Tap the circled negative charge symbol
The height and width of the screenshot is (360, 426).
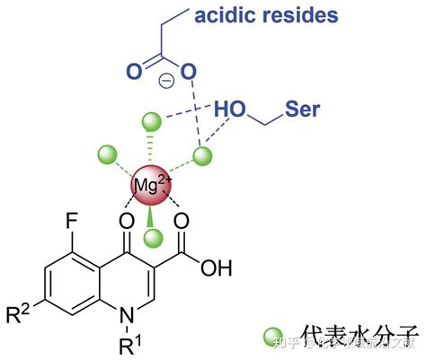tap(166, 81)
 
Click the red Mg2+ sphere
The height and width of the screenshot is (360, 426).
tap(147, 185)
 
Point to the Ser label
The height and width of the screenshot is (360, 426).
tap(303, 109)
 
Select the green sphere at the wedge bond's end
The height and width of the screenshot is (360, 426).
tap(153, 237)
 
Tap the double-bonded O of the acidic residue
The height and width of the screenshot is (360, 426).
tap(133, 70)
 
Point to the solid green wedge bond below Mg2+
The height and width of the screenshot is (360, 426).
tap(151, 215)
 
